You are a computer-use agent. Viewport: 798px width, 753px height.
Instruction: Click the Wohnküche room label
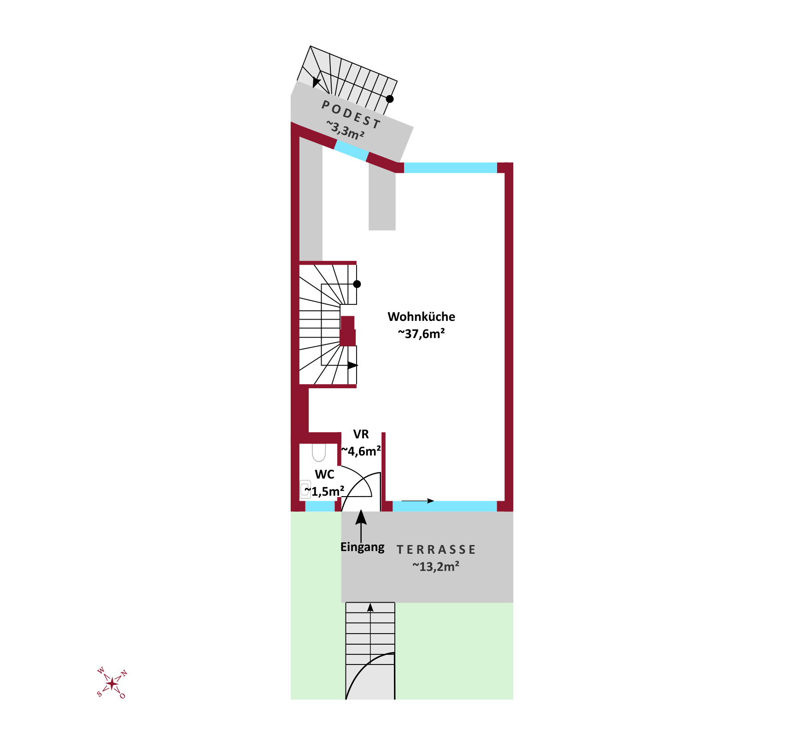tap(421, 317)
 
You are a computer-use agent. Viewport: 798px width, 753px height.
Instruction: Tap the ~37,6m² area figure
tap(421, 333)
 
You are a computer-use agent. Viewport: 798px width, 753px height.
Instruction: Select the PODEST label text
tap(351, 115)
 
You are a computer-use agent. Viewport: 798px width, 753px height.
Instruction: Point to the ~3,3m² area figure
tap(345, 130)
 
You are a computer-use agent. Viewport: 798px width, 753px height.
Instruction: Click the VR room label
tap(361, 434)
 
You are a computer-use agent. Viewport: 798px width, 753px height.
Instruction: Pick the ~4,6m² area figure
tap(361, 451)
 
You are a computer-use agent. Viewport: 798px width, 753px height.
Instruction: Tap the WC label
tap(324, 474)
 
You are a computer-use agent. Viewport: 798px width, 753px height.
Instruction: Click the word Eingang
tap(362, 547)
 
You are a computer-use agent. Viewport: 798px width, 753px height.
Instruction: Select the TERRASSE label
tap(436, 550)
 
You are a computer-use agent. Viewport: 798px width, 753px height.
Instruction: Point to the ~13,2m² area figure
tap(436, 566)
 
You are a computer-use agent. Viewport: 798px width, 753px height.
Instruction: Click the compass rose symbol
tap(112, 682)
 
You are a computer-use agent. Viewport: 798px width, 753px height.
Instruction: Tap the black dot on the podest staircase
tap(390, 99)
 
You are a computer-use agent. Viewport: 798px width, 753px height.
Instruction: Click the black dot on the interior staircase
tap(357, 284)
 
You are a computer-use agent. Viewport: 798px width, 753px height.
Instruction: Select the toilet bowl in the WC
tap(319, 452)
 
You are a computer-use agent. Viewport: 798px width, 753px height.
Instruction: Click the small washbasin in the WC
tap(305, 489)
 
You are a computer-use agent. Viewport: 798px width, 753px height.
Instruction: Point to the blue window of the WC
tap(320, 506)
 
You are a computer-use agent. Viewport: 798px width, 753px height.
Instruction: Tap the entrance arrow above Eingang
tap(361, 526)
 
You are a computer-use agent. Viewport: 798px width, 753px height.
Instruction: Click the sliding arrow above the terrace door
tap(418, 501)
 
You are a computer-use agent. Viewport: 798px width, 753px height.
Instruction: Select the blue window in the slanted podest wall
tap(352, 151)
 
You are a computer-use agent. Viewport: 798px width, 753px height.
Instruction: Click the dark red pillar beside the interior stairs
tap(348, 331)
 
